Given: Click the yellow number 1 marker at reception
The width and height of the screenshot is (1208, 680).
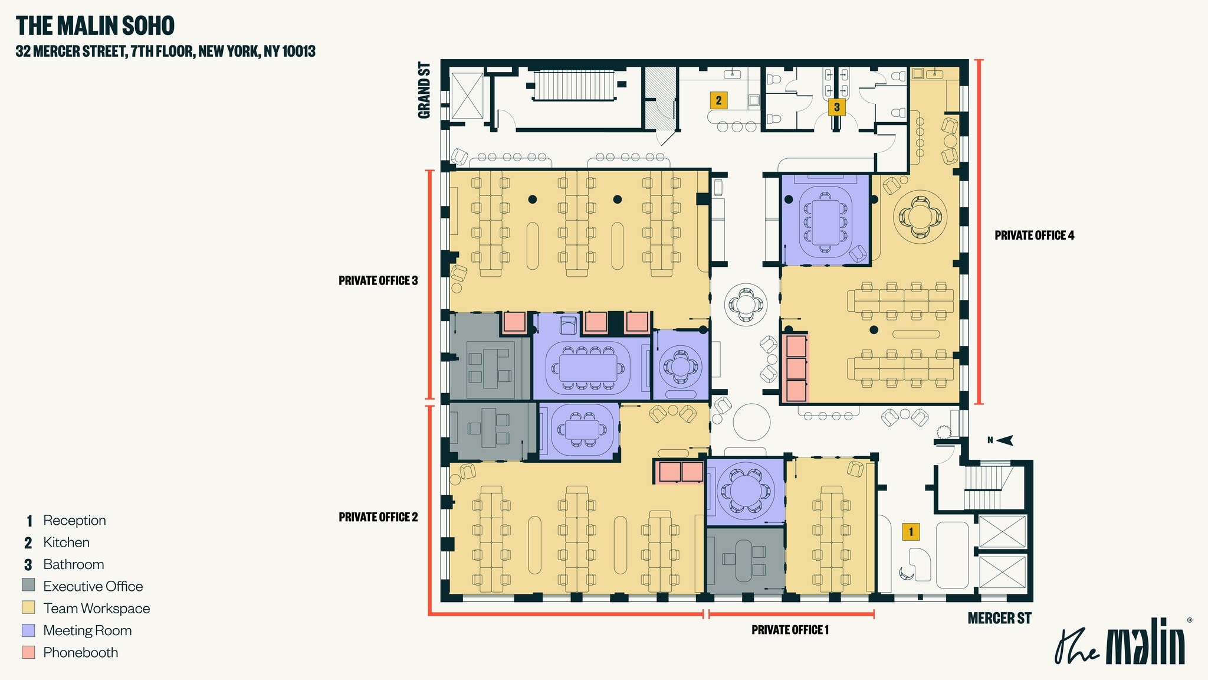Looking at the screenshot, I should click(911, 532).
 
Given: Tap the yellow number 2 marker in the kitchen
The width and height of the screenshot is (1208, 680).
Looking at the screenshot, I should click(718, 100).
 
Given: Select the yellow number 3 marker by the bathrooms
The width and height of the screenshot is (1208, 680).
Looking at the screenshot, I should click(836, 107).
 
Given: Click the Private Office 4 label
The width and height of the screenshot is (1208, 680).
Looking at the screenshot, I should click(1034, 236).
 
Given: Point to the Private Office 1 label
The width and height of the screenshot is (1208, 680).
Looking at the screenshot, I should click(790, 630).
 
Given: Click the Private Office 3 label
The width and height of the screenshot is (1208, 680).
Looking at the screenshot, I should click(378, 280).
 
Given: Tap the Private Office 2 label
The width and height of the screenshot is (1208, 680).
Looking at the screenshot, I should click(378, 517).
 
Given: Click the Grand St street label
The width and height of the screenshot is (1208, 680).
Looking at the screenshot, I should click(424, 90).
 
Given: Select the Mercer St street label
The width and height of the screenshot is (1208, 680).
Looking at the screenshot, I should click(999, 618).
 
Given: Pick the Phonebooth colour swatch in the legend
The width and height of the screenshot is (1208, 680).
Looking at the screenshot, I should click(28, 652).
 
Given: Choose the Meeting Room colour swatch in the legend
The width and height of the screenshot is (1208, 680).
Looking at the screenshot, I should click(28, 630).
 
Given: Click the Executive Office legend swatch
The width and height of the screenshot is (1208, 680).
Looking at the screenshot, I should click(28, 586).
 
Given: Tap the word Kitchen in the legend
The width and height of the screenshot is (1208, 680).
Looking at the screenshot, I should click(66, 542).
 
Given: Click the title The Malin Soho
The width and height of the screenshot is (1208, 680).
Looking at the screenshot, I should click(95, 26).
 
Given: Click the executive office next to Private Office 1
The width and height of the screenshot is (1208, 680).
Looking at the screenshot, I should click(745, 561).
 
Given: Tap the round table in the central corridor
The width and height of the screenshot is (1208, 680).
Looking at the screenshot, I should click(751, 421).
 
